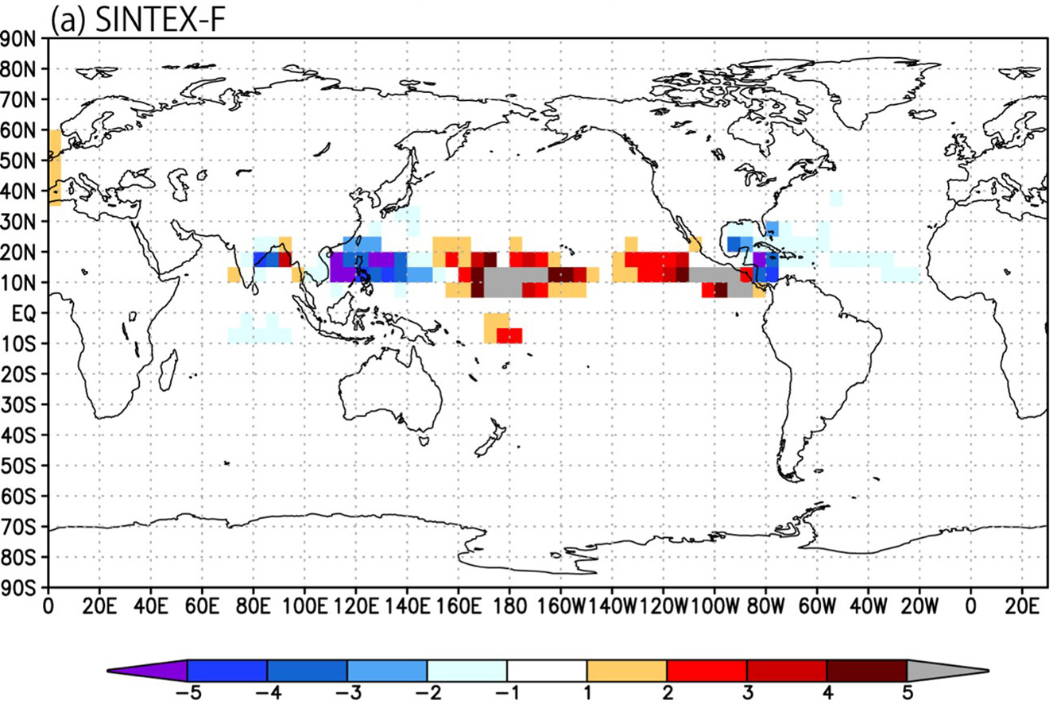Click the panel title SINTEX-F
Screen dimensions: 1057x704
pyautogui.click(x=161, y=19)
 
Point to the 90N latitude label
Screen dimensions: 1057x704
pyautogui.click(x=18, y=39)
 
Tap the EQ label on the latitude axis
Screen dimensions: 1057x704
pyautogui.click(x=24, y=314)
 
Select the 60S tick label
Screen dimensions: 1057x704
pyautogui.click(x=18, y=497)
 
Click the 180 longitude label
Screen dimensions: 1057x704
pyautogui.click(x=509, y=606)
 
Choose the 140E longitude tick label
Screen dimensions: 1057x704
pyautogui.click(x=407, y=606)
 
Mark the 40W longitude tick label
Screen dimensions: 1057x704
pyautogui.click(x=868, y=606)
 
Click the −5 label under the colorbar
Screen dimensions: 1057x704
pyautogui.click(x=188, y=693)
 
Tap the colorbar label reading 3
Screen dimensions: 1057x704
pyautogui.click(x=747, y=693)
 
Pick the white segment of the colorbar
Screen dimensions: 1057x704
pyautogui.click(x=547, y=670)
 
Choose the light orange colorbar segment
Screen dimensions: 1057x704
pyautogui.click(x=626, y=670)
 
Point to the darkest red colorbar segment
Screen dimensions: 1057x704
pyautogui.click(x=866, y=670)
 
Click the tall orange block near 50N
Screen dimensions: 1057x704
pyautogui.click(x=55, y=168)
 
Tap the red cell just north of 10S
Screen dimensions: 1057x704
pyautogui.click(x=509, y=335)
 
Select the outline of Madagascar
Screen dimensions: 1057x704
pyautogui.click(x=168, y=370)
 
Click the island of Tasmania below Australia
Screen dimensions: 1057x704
pyautogui.click(x=424, y=441)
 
